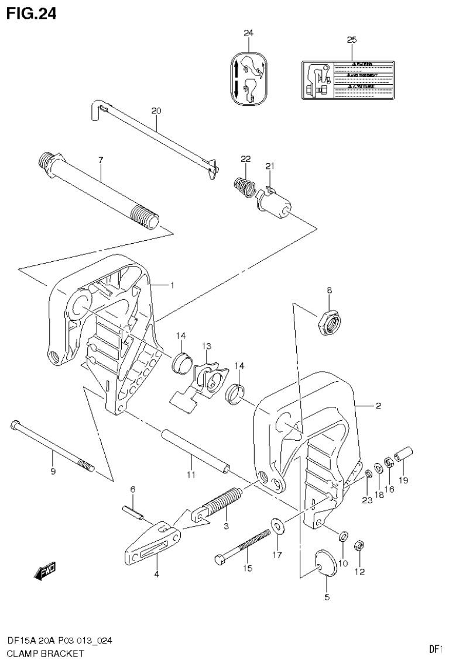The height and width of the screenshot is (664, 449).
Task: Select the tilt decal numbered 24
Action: click(x=249, y=78)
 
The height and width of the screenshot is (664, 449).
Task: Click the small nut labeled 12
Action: click(x=361, y=546)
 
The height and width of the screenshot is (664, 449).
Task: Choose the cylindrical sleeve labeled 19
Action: click(x=404, y=454)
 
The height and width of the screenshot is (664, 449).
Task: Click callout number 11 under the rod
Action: click(x=190, y=475)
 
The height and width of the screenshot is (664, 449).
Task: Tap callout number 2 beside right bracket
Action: click(x=378, y=406)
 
